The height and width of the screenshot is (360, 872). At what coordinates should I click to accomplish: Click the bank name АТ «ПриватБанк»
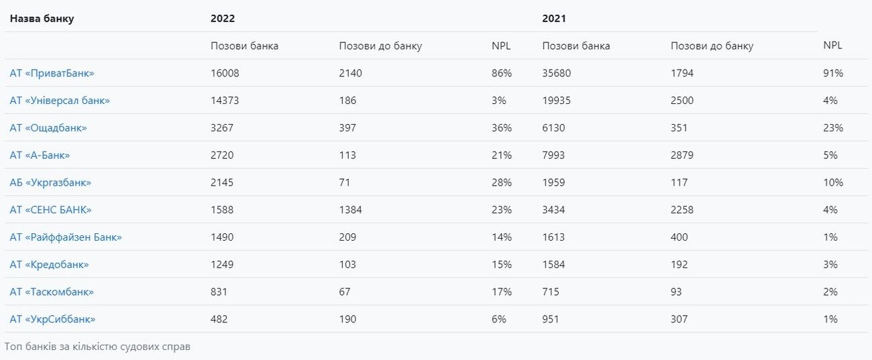point(52,73)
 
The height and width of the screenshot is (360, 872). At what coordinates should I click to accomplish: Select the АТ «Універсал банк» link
point(60,101)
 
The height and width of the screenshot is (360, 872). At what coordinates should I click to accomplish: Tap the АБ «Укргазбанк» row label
point(50,182)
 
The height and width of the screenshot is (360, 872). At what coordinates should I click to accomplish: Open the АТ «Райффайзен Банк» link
point(66,237)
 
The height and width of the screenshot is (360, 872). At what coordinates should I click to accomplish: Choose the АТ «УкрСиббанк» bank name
point(52,319)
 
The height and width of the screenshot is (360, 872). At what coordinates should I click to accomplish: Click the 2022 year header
point(223,19)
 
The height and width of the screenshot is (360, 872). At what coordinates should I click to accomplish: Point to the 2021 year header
point(554,19)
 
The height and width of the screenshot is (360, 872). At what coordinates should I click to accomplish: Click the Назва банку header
point(42,19)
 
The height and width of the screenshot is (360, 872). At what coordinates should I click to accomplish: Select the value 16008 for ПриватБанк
point(225,73)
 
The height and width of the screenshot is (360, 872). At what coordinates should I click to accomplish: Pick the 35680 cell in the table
point(557,73)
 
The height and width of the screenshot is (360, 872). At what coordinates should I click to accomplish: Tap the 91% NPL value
point(833,73)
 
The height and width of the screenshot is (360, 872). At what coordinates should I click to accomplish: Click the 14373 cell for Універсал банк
point(225,101)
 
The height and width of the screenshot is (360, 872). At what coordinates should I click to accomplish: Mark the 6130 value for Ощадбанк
point(553,127)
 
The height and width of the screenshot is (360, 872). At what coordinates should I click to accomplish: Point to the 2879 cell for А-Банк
point(682,156)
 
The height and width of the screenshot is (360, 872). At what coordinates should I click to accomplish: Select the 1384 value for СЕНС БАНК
point(350,210)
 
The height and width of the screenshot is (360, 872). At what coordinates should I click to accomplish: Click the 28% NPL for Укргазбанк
point(502,182)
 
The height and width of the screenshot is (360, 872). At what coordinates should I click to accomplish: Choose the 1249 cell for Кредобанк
point(222,265)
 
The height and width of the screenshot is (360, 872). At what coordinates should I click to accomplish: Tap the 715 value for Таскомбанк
point(551,292)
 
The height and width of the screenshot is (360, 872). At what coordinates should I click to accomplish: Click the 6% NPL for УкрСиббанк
point(498,319)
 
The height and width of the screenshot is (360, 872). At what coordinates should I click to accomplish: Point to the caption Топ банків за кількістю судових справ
point(97,347)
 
